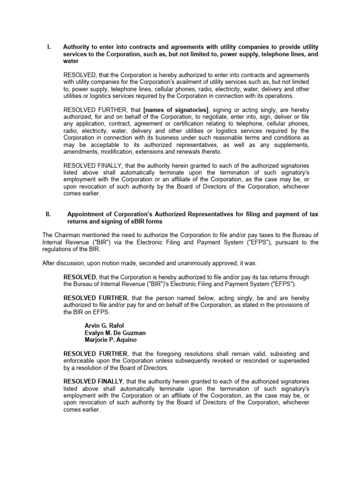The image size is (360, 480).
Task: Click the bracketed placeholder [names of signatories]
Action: point(175,109)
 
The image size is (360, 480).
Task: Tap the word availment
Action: point(184,82)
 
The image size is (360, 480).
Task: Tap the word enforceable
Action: point(81,360)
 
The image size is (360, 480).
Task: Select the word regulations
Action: point(57,250)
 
